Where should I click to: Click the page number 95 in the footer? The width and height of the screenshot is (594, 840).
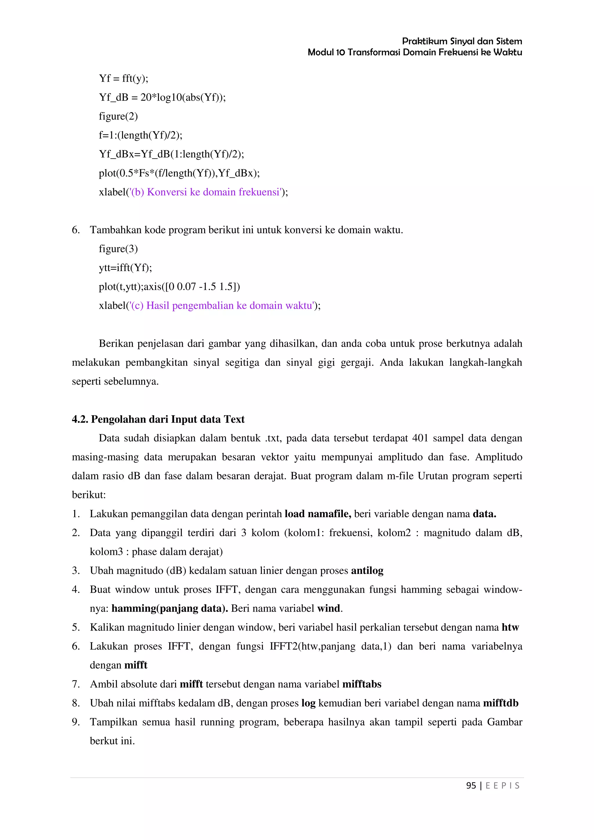pos(471,786)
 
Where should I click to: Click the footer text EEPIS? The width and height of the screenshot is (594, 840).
pos(502,786)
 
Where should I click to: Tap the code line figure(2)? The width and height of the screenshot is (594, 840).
pos(118,116)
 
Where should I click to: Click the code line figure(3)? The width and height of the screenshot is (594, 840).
pos(118,249)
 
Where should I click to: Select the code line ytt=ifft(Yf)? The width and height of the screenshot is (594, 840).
pos(125,268)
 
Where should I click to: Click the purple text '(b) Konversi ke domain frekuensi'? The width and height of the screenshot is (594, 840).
pos(207,192)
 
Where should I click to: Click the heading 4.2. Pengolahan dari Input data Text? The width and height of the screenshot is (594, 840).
pos(158,419)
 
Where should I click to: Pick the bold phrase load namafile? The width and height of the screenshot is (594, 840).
pos(318,514)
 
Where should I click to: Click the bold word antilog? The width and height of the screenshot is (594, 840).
pos(367,571)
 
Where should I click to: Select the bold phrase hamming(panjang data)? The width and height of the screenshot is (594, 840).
pos(169,608)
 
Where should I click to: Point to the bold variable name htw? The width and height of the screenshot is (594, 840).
pos(510,628)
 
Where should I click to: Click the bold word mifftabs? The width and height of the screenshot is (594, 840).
pos(362,684)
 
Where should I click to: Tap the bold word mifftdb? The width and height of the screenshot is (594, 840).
pos(500,703)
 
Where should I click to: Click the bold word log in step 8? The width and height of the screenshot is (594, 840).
pos(308,703)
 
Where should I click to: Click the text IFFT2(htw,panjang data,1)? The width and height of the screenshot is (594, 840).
pos(330,646)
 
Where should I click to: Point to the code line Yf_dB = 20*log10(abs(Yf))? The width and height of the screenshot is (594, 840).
pos(162,97)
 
